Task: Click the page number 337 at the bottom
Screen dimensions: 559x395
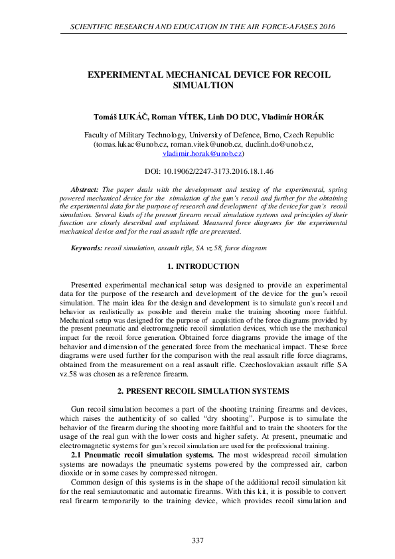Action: tap(197, 540)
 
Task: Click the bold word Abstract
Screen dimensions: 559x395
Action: tap(86, 190)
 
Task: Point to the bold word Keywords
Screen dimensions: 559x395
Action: tap(86, 248)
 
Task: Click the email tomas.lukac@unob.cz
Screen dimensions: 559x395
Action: tap(130, 143)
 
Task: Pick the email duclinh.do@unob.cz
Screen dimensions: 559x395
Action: tap(279, 143)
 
